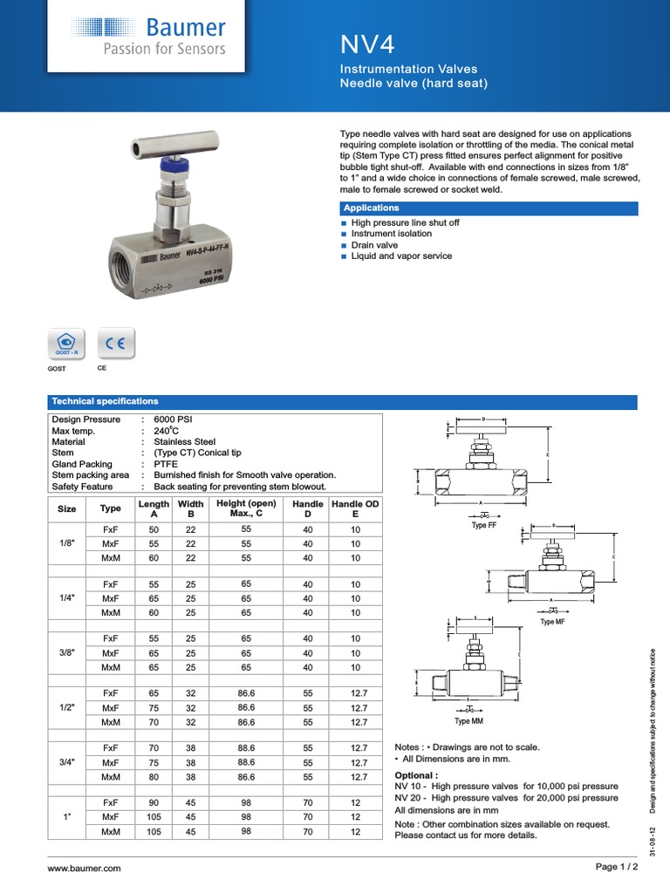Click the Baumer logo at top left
(148, 36)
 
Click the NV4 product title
(368, 44)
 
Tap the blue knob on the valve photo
(167, 165)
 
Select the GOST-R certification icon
(66, 344)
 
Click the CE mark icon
(115, 344)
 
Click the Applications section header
(372, 208)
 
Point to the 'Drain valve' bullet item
(374, 245)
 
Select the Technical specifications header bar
(105, 401)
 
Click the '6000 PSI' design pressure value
(173, 419)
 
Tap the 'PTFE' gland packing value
(166, 464)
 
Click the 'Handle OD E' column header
(354, 509)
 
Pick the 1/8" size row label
(66, 543)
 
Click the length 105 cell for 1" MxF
(154, 817)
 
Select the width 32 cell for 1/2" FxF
(190, 693)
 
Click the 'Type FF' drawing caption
(483, 526)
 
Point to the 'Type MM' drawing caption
(468, 721)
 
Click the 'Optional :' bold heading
(416, 774)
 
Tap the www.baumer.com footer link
(84, 869)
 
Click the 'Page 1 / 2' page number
(616, 867)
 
